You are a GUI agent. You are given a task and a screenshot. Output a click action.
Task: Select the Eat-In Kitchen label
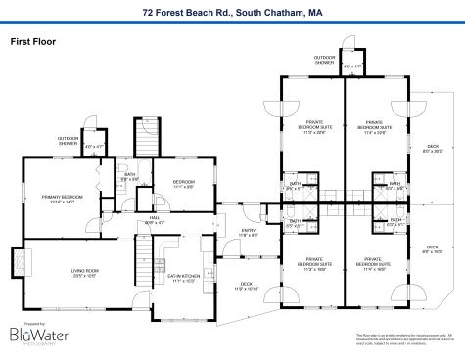pos(184,278)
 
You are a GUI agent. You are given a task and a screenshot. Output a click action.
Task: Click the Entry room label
pos(248,233)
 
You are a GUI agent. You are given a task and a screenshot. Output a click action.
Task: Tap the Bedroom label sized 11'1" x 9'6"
pos(184,184)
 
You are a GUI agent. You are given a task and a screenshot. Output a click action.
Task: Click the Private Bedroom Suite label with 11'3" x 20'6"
pos(314,126)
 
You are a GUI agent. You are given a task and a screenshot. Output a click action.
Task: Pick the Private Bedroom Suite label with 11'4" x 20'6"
pos(374,126)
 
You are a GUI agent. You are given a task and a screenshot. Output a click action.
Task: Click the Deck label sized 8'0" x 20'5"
pos(433,123)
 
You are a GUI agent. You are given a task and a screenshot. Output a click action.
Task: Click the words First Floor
pos(32,42)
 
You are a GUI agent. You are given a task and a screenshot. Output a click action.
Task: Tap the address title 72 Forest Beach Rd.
pos(232,13)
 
